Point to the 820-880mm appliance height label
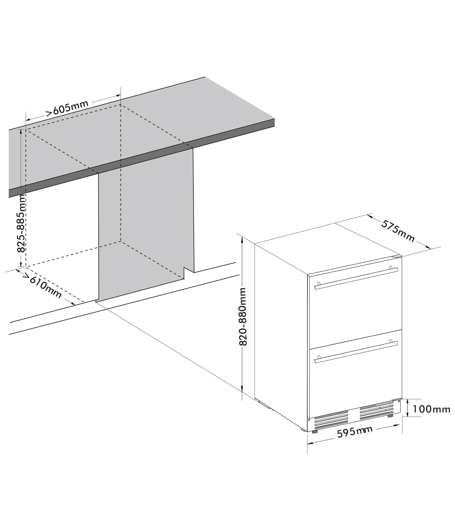click(243, 317)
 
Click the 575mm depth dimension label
click(398, 231)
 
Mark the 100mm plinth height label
click(431, 417)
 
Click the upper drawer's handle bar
click(356, 279)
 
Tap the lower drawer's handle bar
click(356, 352)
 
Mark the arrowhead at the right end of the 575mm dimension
click(428, 247)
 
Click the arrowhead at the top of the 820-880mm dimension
click(242, 240)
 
